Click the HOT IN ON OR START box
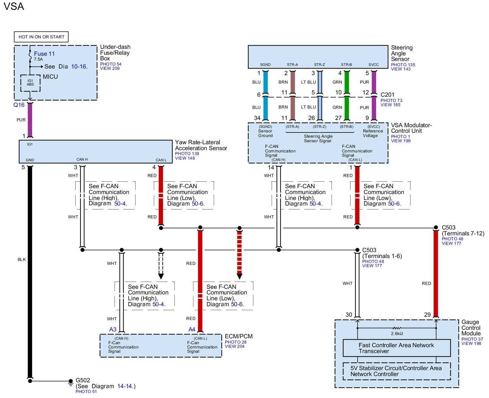coord(41,37)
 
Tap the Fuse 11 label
coord(44,54)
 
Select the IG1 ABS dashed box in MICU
coord(30,83)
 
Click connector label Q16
coord(19,105)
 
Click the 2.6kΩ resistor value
coord(397,333)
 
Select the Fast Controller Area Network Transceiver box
coord(396,348)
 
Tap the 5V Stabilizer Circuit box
coord(396,371)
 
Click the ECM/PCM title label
coord(239,336)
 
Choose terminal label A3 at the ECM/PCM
coord(113,329)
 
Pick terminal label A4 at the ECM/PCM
coord(192,329)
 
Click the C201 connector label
coord(387,95)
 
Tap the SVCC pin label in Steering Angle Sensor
coord(373,65)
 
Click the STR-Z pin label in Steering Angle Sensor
coord(319,65)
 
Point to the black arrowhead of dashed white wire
coord(161,276)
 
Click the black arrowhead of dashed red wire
coord(240,276)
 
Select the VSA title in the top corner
coord(14,7)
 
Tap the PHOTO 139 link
coord(187,153)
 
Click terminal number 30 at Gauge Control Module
coord(349,314)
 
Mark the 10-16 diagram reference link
coord(79,67)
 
